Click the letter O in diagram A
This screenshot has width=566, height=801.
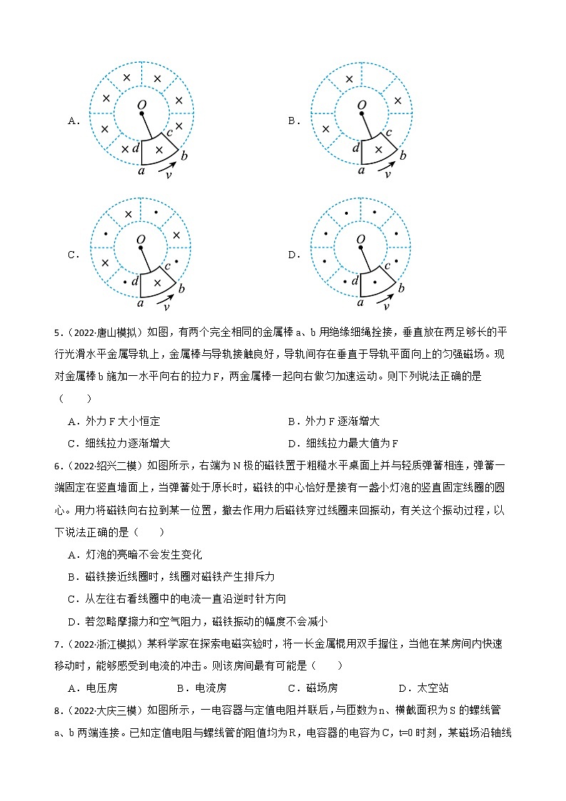click(141, 105)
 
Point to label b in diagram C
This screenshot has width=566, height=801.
click(182, 289)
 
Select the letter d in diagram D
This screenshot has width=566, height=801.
click(354, 282)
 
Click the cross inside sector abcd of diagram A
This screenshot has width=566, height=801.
click(158, 150)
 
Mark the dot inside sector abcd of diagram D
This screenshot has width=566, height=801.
click(378, 283)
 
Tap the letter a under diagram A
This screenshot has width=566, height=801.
click(141, 170)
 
